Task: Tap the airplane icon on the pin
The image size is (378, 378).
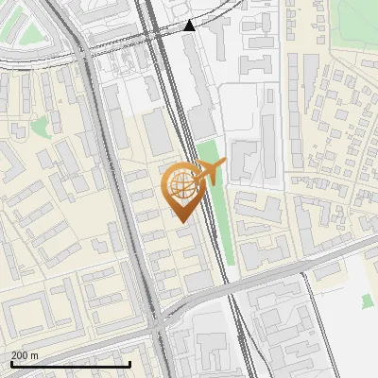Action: pyautogui.click(x=210, y=173)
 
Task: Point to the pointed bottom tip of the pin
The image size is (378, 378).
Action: pyautogui.click(x=180, y=220)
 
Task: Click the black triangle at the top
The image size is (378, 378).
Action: pyautogui.click(x=190, y=26)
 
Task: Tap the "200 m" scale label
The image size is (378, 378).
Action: pyautogui.click(x=25, y=355)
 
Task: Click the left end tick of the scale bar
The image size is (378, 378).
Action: pyautogui.click(x=10, y=363)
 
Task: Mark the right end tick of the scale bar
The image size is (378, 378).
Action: pyautogui.click(x=129, y=363)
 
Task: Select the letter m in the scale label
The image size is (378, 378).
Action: pyautogui.click(x=34, y=355)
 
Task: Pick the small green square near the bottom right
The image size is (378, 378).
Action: pyautogui.click(x=367, y=301)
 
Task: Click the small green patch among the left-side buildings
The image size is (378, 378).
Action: pyautogui.click(x=40, y=127)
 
